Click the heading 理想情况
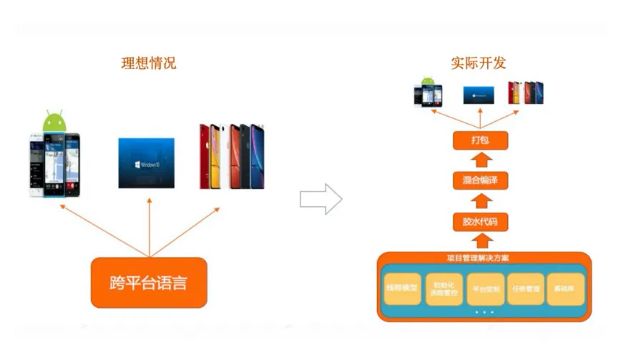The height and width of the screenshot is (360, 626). (x=148, y=63)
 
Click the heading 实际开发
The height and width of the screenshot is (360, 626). (x=479, y=63)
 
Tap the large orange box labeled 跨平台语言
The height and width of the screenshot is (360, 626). (x=149, y=283)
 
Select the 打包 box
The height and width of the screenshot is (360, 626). (x=480, y=140)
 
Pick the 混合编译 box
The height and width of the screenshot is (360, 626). (x=480, y=180)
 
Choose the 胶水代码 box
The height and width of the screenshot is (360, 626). (x=480, y=222)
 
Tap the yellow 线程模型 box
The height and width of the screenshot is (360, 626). (x=402, y=289)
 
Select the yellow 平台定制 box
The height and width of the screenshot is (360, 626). (x=485, y=289)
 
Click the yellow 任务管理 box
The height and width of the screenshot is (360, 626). (x=526, y=289)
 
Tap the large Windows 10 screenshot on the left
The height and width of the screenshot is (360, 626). (x=146, y=162)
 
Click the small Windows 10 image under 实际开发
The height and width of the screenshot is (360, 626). (x=479, y=94)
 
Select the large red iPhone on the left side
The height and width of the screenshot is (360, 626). (x=206, y=157)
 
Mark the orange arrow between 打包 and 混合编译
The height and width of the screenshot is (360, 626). (x=480, y=160)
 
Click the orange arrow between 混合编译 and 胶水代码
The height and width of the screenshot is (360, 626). (x=480, y=201)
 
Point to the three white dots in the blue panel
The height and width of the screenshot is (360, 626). (x=484, y=312)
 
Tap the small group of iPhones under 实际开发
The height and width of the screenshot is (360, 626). (x=525, y=93)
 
